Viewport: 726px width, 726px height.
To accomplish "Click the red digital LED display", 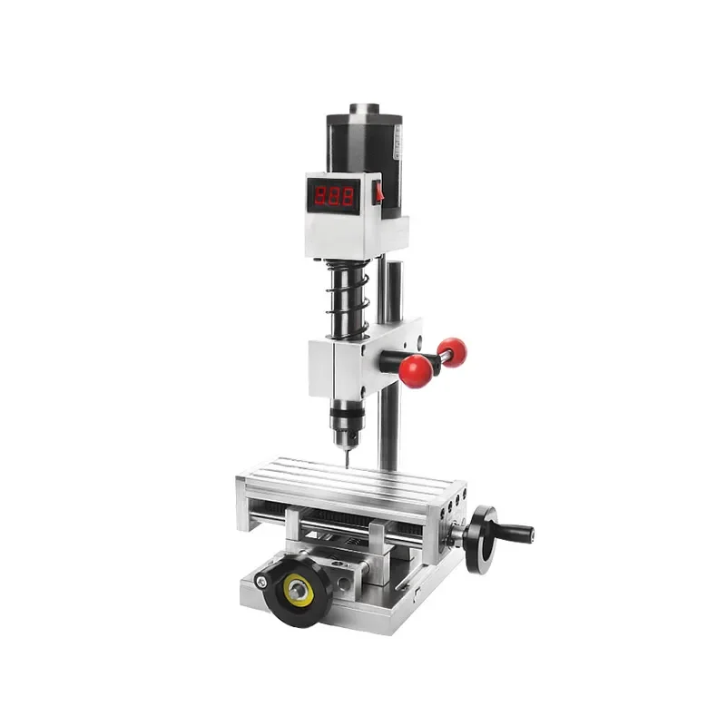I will click(x=333, y=195).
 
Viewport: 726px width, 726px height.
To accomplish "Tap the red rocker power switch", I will click(x=378, y=191).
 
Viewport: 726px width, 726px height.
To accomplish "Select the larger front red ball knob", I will click(x=415, y=370).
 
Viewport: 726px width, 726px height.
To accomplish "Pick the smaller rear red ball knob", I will click(x=451, y=351).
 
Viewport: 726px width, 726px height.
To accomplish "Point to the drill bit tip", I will click(x=346, y=464).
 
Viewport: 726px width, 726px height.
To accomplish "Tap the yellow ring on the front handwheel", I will click(x=297, y=591).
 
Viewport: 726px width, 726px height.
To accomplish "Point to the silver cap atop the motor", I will click(x=364, y=109).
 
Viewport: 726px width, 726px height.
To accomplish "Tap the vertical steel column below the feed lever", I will click(x=388, y=427).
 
